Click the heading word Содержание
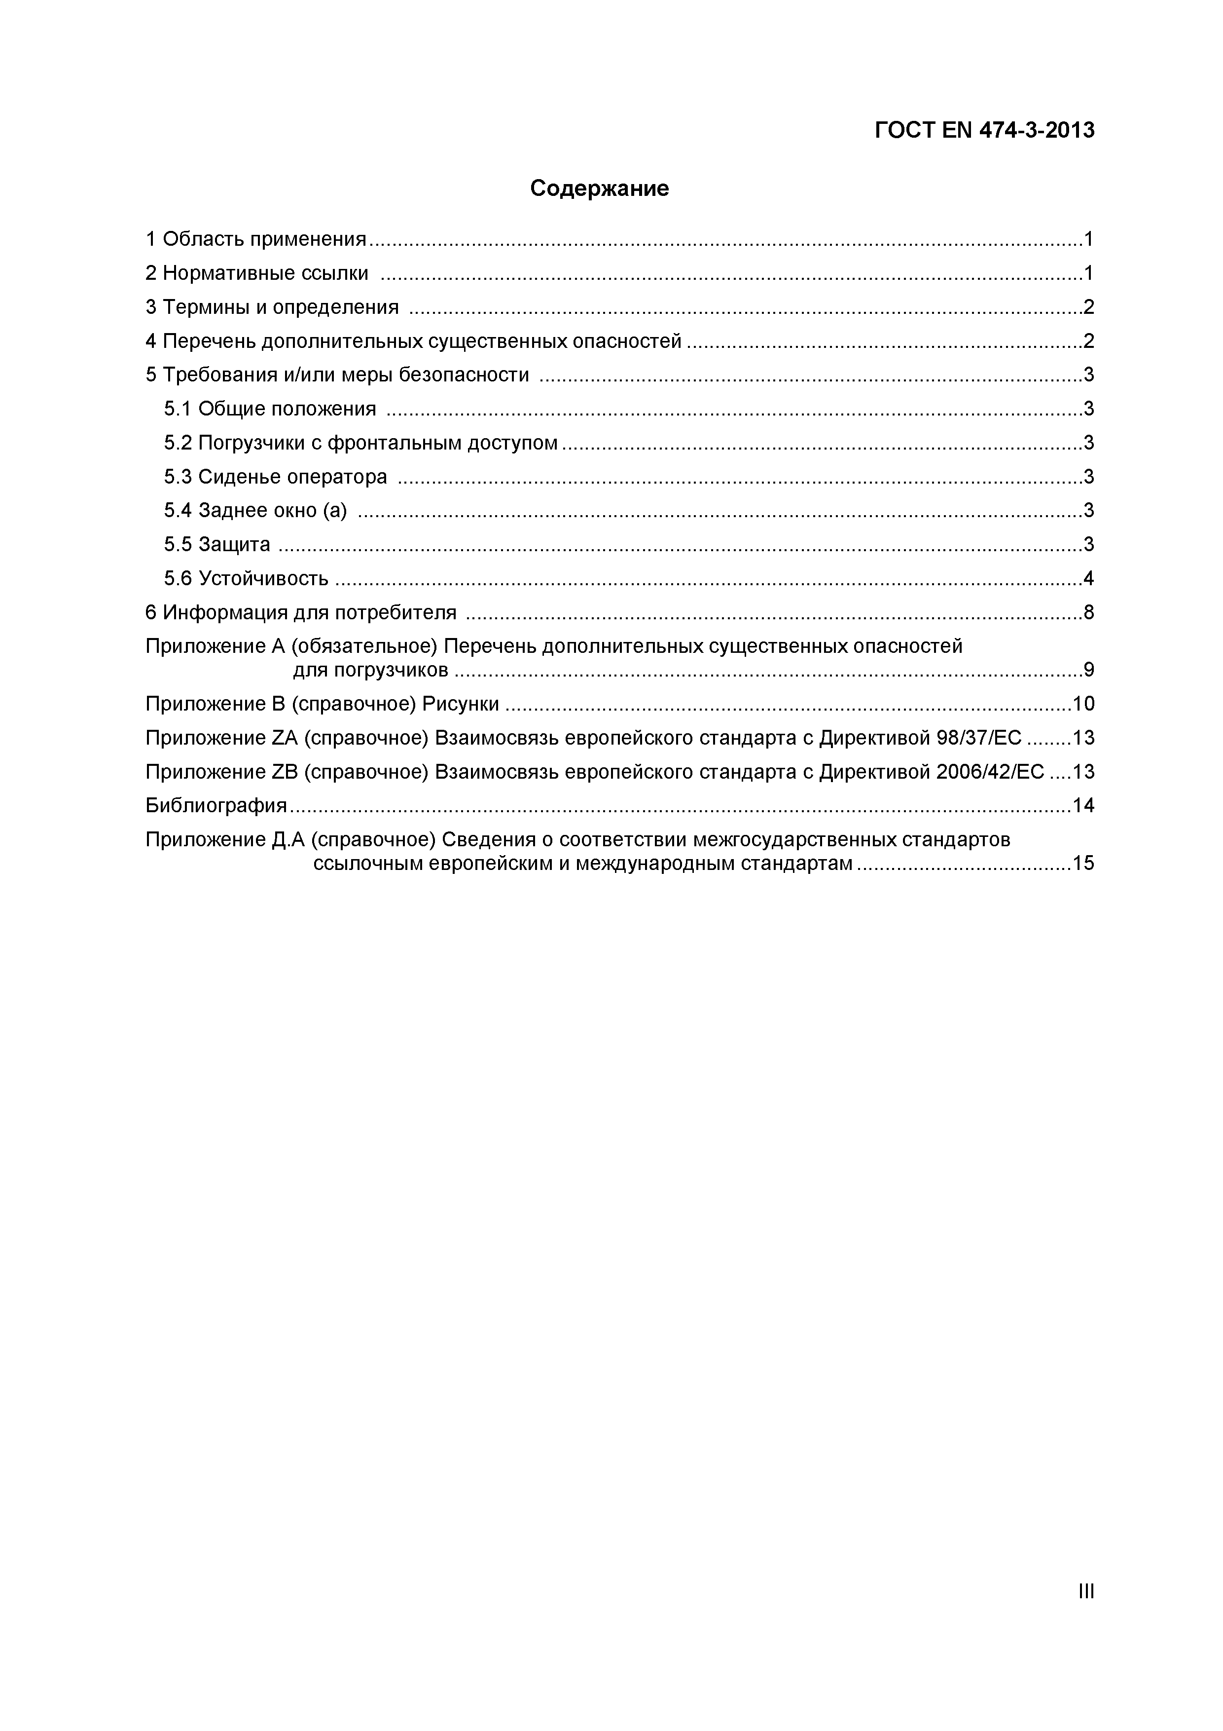599,188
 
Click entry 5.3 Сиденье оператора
275,477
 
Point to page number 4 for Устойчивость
1088,578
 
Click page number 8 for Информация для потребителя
1088,612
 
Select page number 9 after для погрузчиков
1088,670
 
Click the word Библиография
216,805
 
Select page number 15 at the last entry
1083,863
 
